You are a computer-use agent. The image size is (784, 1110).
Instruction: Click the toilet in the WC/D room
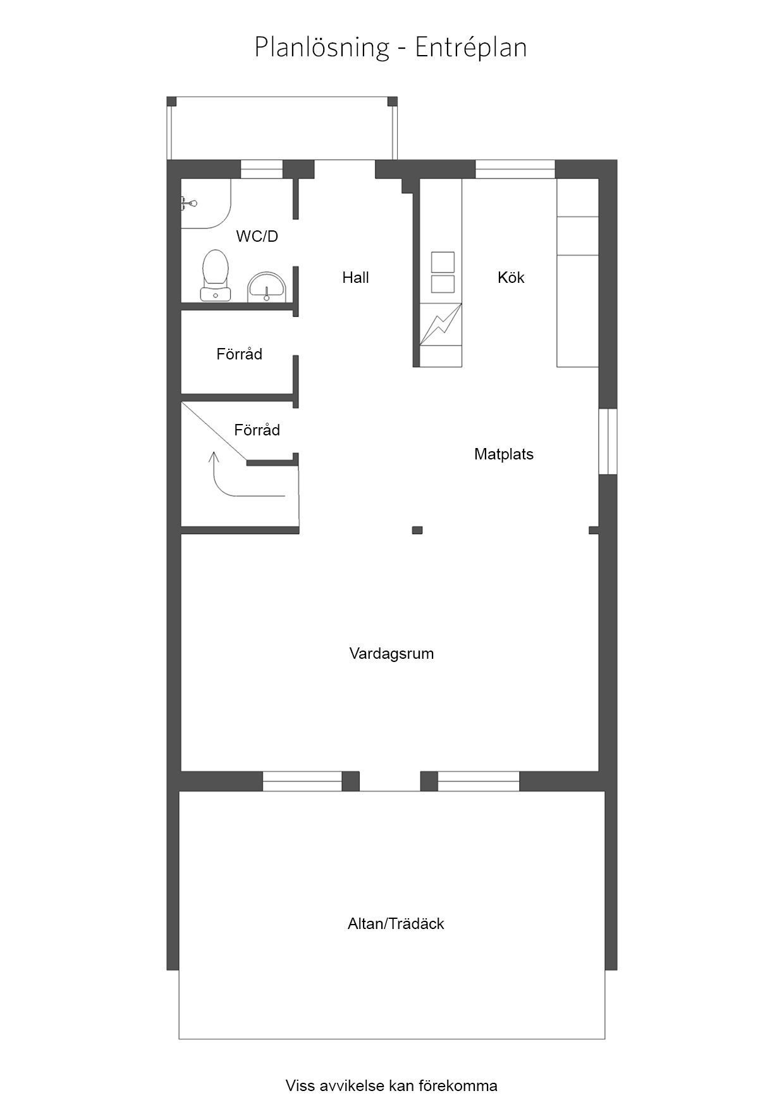(x=215, y=275)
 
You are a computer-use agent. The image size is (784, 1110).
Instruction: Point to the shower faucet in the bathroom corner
(x=188, y=203)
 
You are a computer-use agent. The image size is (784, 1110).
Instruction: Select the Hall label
(x=355, y=277)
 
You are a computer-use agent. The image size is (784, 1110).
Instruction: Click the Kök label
(x=511, y=277)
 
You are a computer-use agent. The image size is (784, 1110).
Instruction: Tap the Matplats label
(x=504, y=454)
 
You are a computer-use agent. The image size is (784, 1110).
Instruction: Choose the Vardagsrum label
(x=391, y=654)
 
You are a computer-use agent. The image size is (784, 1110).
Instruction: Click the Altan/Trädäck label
(x=396, y=924)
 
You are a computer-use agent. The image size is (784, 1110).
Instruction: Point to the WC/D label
(x=257, y=236)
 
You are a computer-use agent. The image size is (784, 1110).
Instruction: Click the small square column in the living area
(x=417, y=530)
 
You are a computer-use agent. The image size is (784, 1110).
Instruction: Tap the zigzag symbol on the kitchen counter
(x=441, y=324)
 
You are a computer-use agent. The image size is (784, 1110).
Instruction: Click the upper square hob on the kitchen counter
(x=443, y=261)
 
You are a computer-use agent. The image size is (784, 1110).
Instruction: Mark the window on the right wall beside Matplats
(x=608, y=441)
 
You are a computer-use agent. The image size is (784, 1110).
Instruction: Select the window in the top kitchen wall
(x=515, y=170)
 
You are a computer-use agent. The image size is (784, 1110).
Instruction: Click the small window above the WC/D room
(x=262, y=170)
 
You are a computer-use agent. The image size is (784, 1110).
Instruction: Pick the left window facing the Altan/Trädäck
(x=302, y=782)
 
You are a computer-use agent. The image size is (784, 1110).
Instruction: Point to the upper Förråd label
(x=239, y=354)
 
